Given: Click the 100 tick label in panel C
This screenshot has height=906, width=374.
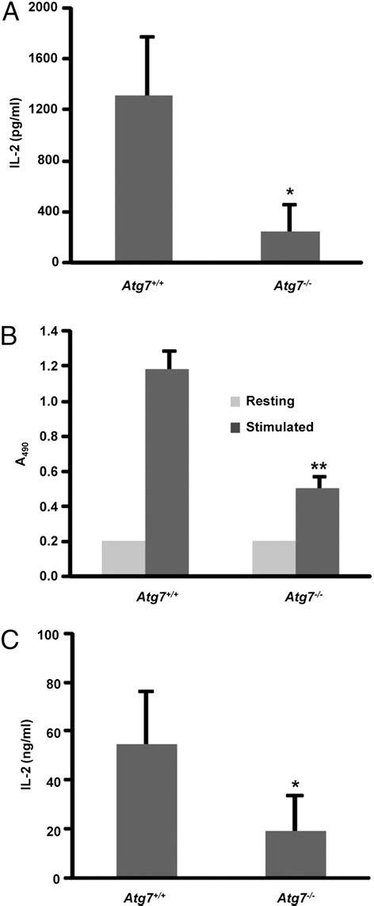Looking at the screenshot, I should click(x=48, y=633).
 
